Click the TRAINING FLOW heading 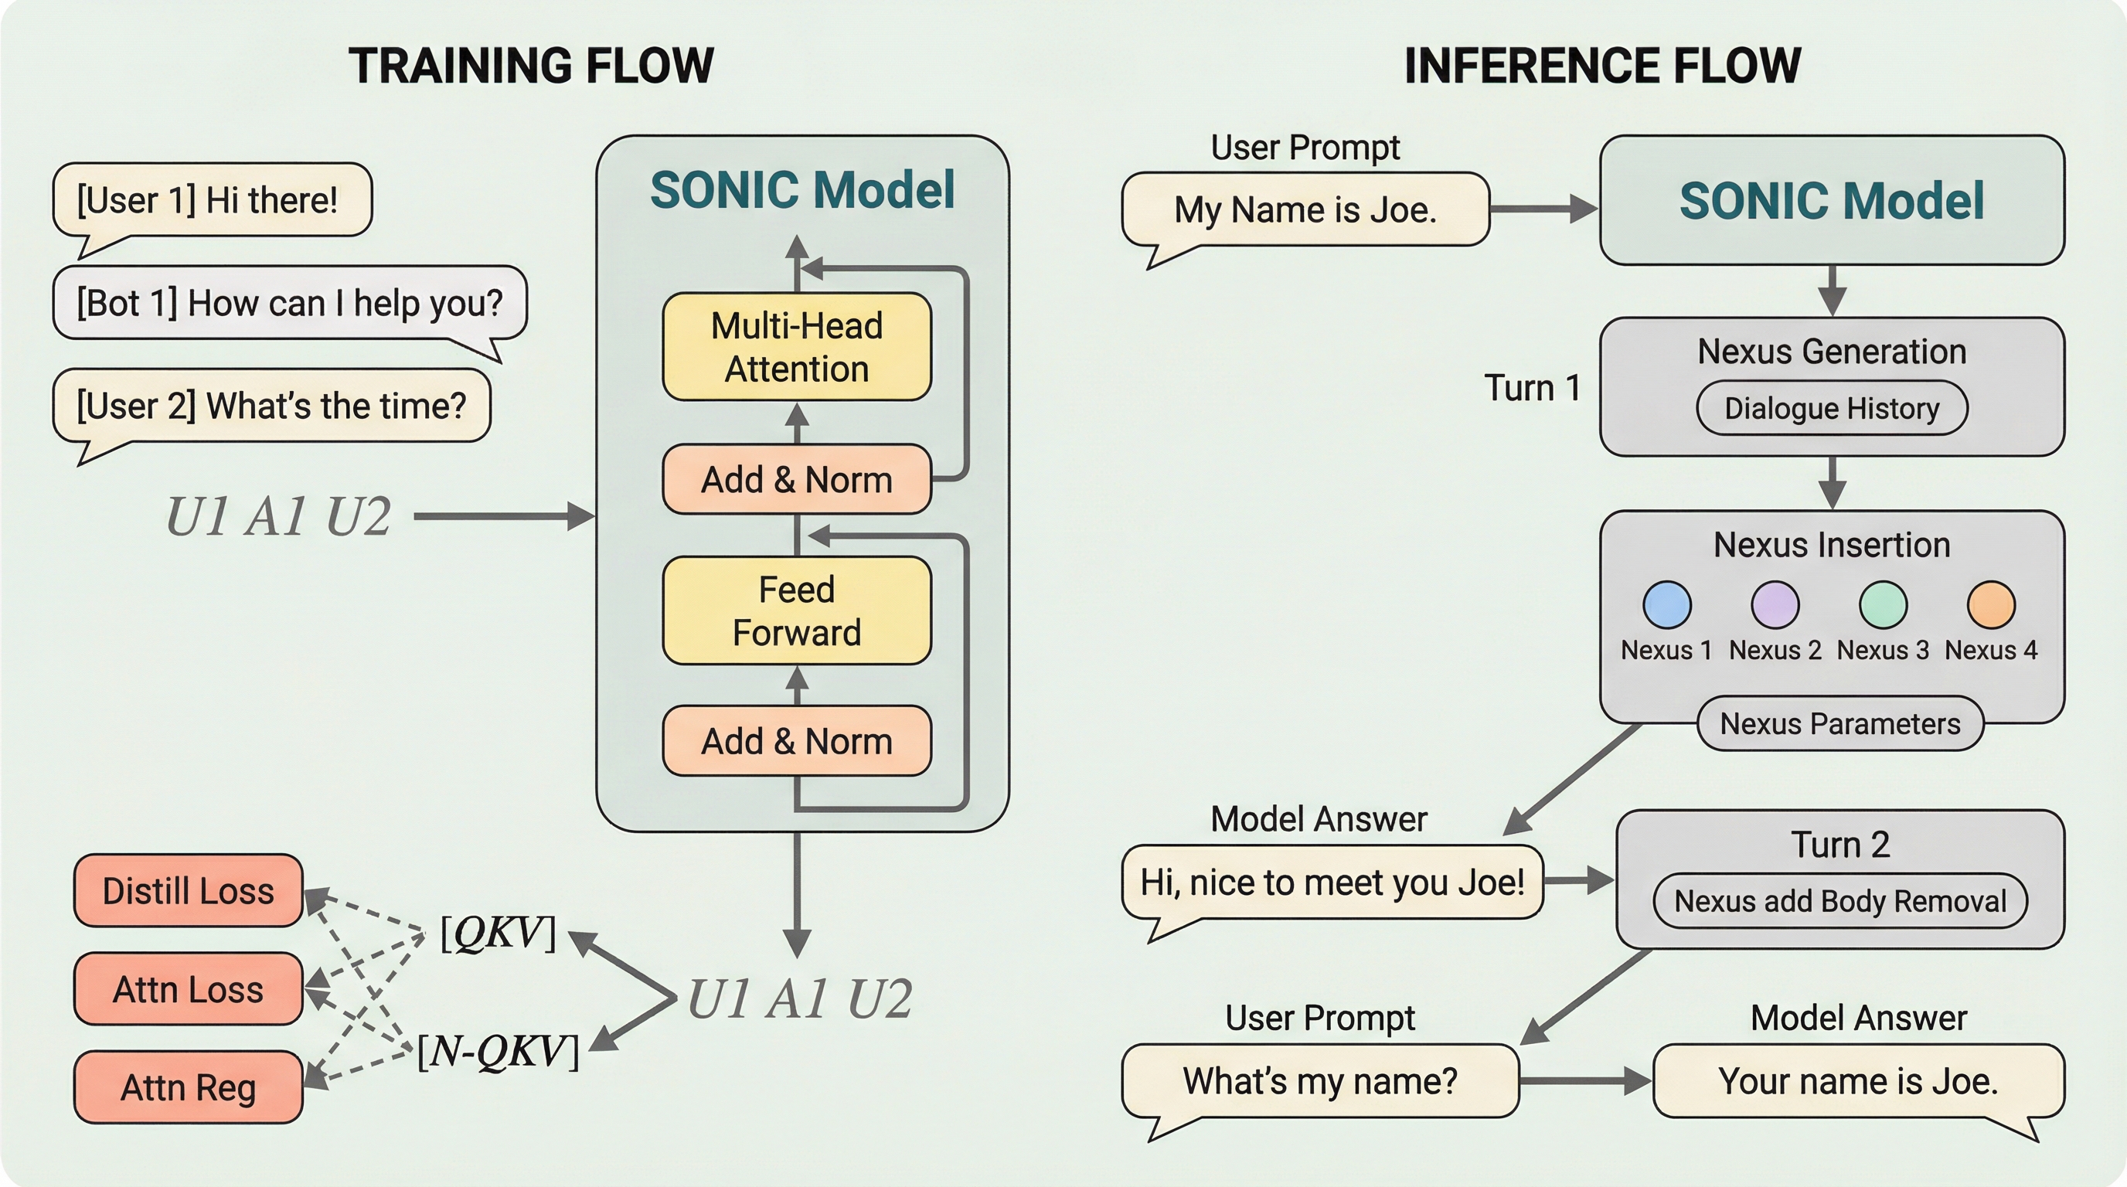[x=531, y=66]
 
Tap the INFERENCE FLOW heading [x=1602, y=66]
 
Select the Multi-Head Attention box [x=797, y=347]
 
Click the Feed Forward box [x=797, y=611]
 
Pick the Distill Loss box [x=189, y=891]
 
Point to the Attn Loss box [x=189, y=989]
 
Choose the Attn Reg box [x=189, y=1087]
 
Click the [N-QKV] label [x=498, y=1052]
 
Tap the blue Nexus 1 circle [x=1667, y=605]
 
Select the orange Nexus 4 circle [x=1991, y=605]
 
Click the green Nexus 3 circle [x=1883, y=605]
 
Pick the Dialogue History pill [x=1832, y=408]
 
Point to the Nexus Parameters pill [x=1839, y=724]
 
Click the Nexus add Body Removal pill [x=1839, y=900]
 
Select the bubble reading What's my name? [x=1319, y=1080]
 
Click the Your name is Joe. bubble [x=1858, y=1080]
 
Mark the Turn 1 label [x=1532, y=388]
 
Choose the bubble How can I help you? [x=289, y=303]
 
